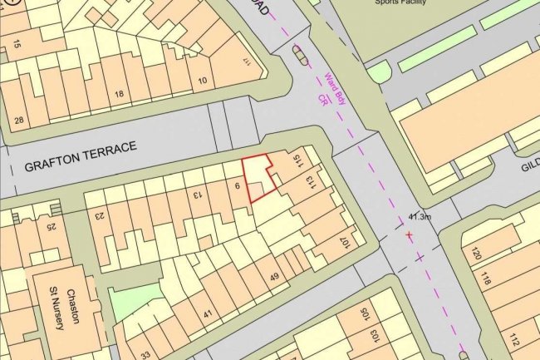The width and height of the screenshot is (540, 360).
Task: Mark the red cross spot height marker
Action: point(409,236)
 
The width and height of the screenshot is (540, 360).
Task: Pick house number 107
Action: point(342,242)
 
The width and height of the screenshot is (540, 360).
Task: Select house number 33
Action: point(146,353)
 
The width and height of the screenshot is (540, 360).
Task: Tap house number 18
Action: point(119,95)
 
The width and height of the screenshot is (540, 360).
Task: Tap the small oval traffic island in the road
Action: point(299,56)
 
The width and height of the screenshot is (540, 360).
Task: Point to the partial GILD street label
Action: point(530,166)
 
